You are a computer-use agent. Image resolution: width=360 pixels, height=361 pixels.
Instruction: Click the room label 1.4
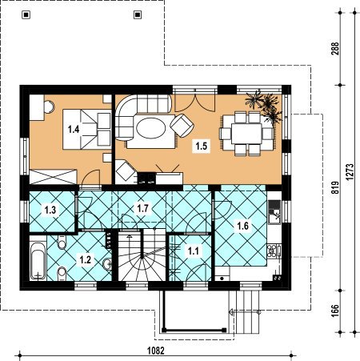(x=74, y=130)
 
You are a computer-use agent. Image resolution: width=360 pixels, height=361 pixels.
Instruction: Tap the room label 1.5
(x=202, y=146)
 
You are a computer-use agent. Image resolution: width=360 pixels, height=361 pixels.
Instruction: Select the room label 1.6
(x=242, y=226)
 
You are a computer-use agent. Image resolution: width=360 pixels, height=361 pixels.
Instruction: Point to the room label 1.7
(x=142, y=208)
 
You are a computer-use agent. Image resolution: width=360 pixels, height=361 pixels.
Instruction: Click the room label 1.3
(x=50, y=210)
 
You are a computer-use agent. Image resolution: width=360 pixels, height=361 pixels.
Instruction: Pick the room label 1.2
(x=86, y=259)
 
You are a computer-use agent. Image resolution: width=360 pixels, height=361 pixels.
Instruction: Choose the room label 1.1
(x=194, y=251)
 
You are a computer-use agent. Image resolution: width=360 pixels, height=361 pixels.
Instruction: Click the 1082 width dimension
(x=156, y=351)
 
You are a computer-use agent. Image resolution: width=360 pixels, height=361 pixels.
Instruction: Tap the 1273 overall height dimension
(x=350, y=172)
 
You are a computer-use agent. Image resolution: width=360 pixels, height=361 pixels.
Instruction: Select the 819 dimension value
(x=335, y=187)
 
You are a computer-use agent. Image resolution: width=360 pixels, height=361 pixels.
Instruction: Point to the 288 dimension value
(x=335, y=48)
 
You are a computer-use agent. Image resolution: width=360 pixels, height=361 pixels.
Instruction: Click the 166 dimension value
(x=335, y=311)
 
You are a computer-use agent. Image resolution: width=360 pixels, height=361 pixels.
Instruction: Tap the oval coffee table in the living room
(x=151, y=128)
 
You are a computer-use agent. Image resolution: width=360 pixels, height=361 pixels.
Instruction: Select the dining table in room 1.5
(x=246, y=134)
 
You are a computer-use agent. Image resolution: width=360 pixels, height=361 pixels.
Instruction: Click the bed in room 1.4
(x=87, y=129)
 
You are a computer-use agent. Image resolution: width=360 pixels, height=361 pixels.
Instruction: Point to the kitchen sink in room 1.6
(x=274, y=216)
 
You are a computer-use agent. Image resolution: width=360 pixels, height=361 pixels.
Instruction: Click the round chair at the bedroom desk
(x=49, y=106)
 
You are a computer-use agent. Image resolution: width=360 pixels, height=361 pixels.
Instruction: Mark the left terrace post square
(x=26, y=14)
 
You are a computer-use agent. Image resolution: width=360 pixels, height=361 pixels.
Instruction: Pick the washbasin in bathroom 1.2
(x=107, y=264)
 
